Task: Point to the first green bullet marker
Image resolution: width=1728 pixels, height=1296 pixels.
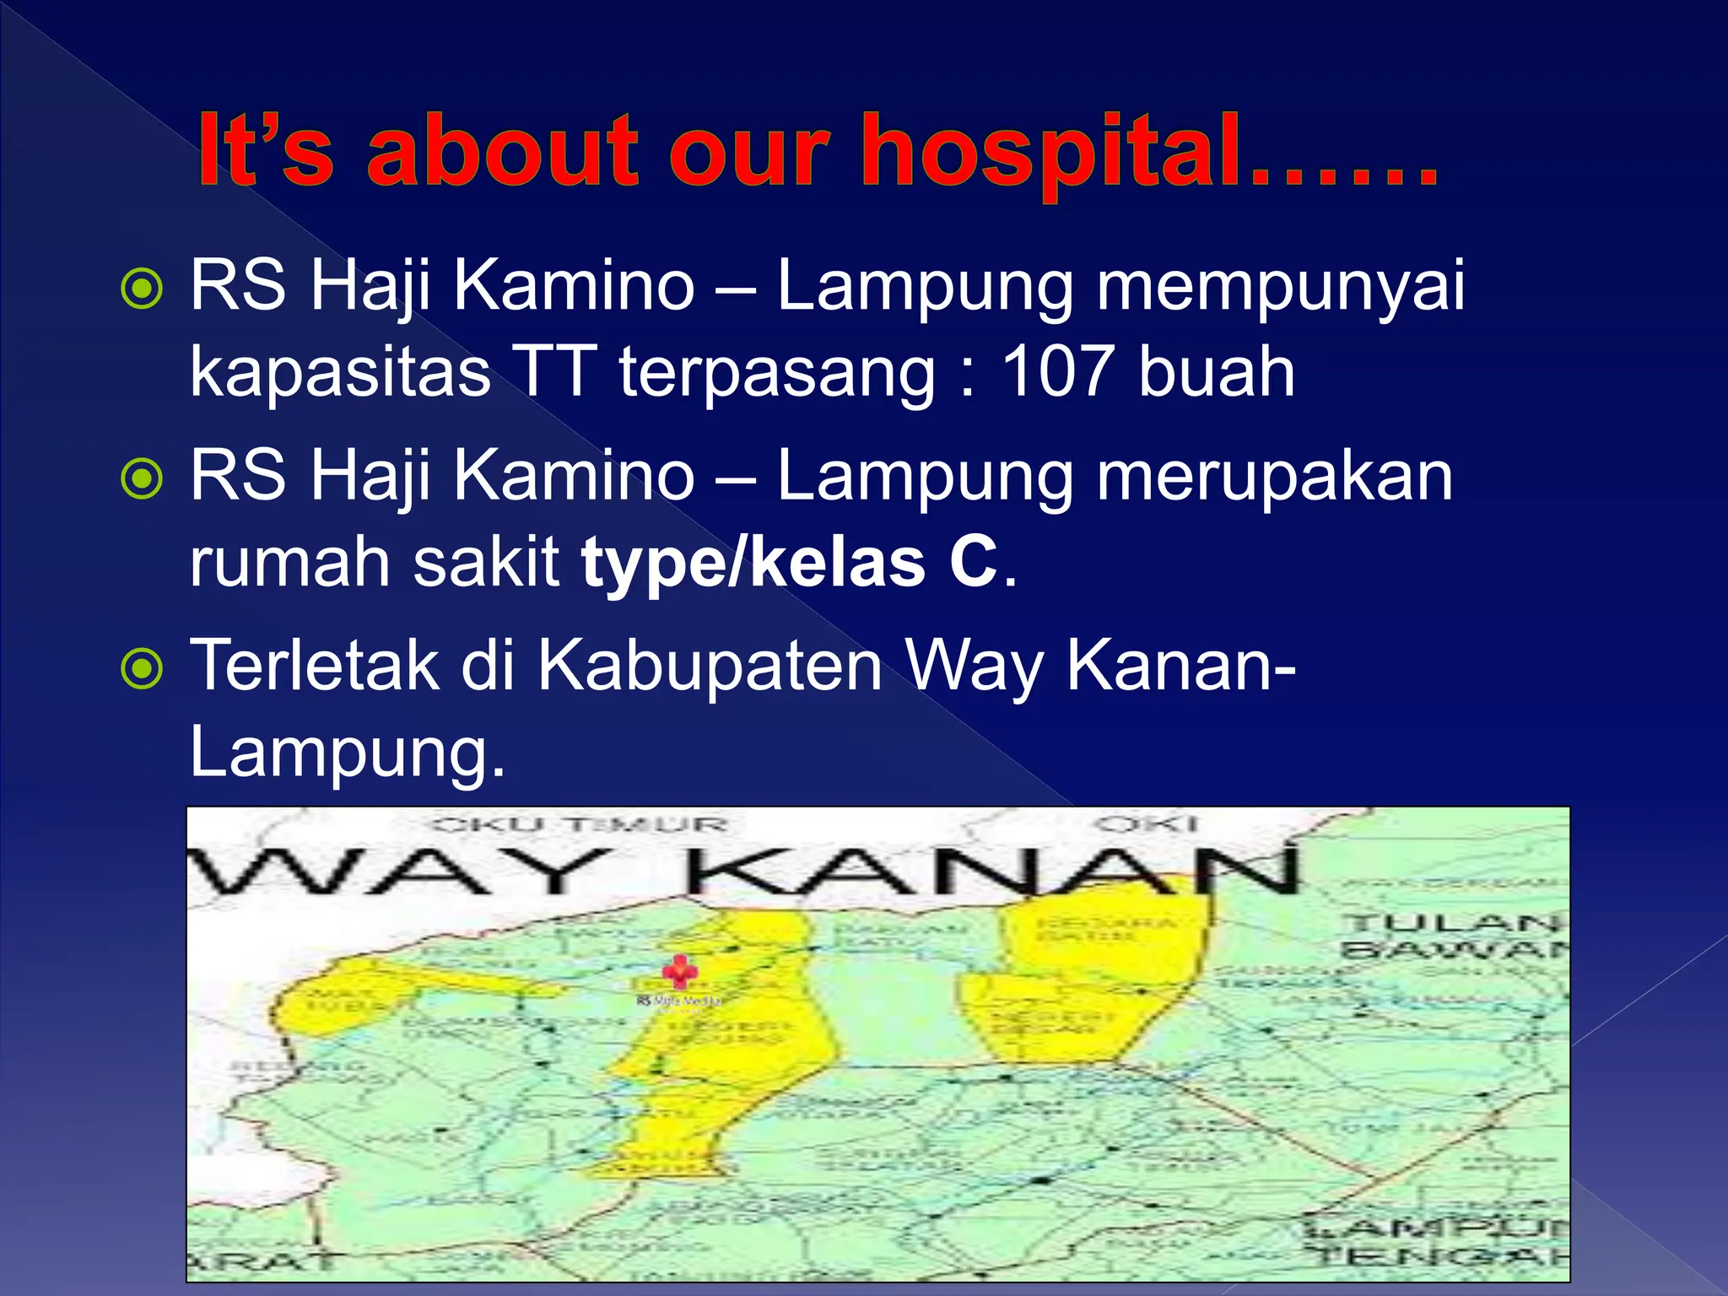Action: [x=142, y=289]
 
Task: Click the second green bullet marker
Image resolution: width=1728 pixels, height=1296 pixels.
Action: [x=142, y=479]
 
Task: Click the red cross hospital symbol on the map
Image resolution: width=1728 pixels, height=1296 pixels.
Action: [x=679, y=972]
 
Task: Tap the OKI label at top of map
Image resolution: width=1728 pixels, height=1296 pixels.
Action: [x=1147, y=823]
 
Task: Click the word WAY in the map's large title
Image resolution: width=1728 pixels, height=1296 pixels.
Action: [x=397, y=872]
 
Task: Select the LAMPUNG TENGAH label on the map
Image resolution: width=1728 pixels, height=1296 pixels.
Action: [x=1434, y=1240]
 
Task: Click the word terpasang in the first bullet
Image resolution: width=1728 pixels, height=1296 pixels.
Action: [x=777, y=372]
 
